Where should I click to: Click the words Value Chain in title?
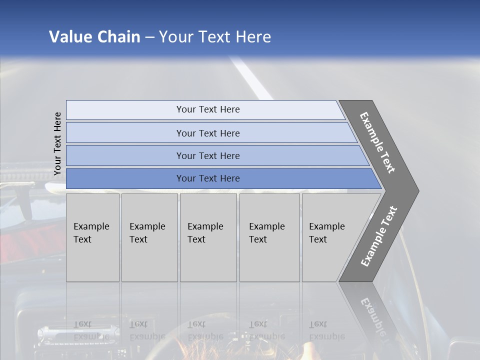click(94, 37)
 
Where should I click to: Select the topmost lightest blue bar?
click(205, 109)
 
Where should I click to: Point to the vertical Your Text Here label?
click(57, 143)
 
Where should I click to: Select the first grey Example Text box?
click(92, 237)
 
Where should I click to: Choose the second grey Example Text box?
click(149, 237)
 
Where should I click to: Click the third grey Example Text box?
click(208, 237)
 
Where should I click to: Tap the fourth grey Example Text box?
click(269, 237)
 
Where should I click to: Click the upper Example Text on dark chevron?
click(378, 142)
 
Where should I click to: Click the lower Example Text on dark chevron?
click(379, 236)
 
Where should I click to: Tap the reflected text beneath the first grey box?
click(91, 330)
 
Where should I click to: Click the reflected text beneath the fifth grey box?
click(326, 330)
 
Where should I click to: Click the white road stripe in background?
click(252, 77)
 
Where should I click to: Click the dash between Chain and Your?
click(149, 37)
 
